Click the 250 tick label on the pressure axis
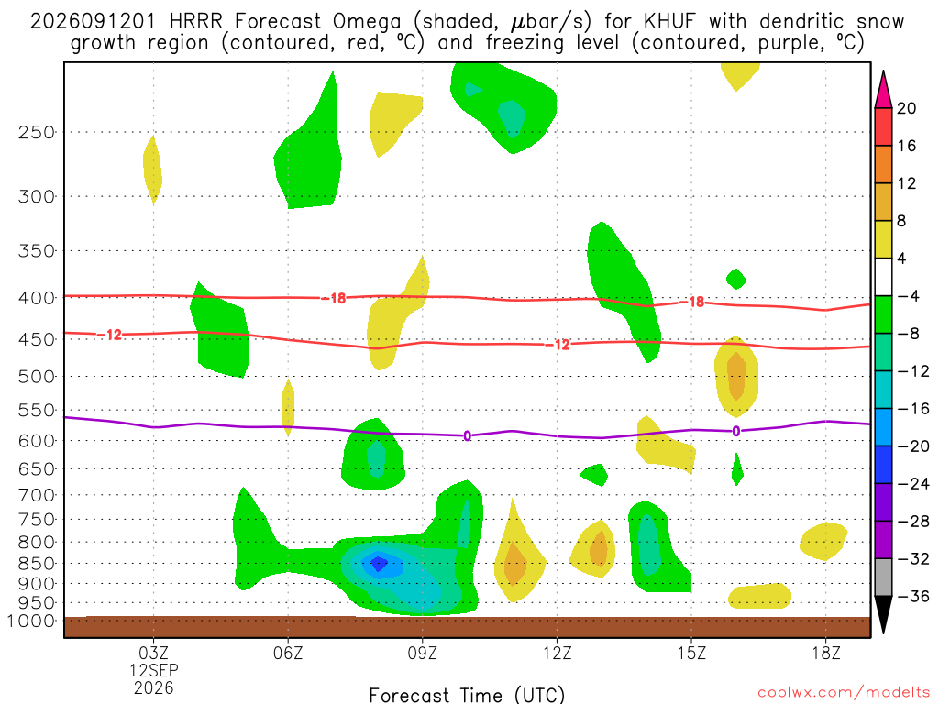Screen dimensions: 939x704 pyautogui.click(x=37, y=132)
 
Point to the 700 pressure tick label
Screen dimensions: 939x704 pyautogui.click(x=37, y=495)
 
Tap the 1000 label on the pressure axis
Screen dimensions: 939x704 pyautogui.click(x=31, y=621)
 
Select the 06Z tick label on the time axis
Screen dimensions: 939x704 pyautogui.click(x=288, y=653)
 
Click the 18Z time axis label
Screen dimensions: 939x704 pyautogui.click(x=826, y=653)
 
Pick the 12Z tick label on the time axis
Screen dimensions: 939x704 pyautogui.click(x=557, y=653)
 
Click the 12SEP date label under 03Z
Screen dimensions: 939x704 pyautogui.click(x=154, y=670)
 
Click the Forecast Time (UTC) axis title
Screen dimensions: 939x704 pyautogui.click(x=467, y=696)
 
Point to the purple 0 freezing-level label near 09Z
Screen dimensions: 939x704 pyautogui.click(x=467, y=435)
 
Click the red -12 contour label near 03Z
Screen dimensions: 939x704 pyautogui.click(x=110, y=335)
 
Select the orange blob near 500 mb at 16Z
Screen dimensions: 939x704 pyautogui.click(x=736, y=377)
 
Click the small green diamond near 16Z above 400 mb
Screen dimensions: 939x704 pyautogui.click(x=736, y=279)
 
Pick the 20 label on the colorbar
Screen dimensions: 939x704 pyautogui.click(x=906, y=108)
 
